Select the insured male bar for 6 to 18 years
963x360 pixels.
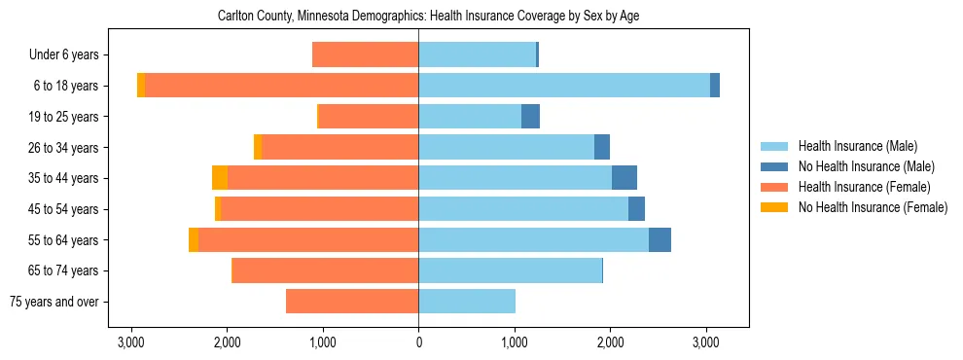tap(564, 86)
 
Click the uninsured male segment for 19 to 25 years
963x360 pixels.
tap(530, 117)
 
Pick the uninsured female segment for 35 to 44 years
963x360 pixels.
tap(220, 178)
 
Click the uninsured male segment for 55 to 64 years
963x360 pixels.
tap(660, 239)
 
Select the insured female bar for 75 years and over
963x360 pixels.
tap(352, 302)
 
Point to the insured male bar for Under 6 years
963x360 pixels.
tap(477, 55)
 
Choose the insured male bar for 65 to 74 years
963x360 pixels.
tap(510, 270)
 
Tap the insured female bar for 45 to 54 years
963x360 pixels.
tap(319, 209)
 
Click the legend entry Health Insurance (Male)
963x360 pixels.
tap(857, 146)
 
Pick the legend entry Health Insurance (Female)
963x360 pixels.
tap(864, 187)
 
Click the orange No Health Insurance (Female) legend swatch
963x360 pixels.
tap(775, 207)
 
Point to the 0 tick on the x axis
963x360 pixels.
tap(418, 342)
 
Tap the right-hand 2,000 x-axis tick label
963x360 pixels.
tap(610, 342)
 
